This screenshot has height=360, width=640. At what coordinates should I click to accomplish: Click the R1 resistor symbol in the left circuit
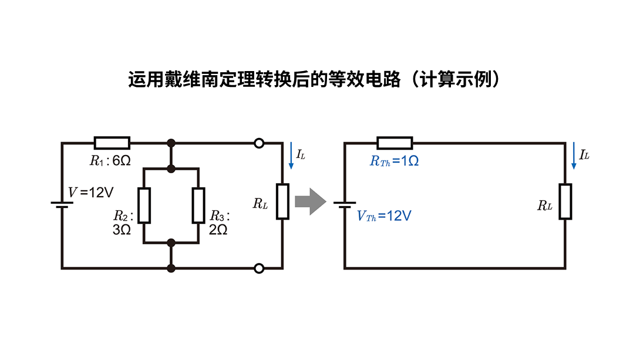point(112,143)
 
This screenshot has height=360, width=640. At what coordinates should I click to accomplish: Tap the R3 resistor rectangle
point(198,206)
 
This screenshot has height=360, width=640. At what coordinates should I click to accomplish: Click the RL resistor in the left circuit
point(282,201)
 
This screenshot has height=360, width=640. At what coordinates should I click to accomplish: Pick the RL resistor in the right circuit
point(565,201)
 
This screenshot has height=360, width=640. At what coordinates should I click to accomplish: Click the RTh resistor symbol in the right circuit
point(395,143)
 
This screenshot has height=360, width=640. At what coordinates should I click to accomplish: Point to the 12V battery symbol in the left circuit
point(62,203)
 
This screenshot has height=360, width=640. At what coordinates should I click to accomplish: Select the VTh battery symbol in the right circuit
point(344,203)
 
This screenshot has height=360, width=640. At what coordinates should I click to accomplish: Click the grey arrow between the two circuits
point(309,201)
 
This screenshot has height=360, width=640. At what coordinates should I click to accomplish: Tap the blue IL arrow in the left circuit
point(291,156)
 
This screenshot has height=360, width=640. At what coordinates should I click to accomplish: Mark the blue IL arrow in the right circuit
point(574,156)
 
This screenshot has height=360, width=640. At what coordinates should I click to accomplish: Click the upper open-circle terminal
point(258,143)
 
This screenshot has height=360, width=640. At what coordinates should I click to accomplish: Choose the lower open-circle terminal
point(258,268)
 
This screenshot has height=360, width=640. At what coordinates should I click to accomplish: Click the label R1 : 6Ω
point(110,161)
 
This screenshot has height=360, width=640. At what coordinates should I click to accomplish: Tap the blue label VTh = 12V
point(384,216)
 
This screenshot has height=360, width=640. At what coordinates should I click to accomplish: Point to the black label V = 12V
point(91,192)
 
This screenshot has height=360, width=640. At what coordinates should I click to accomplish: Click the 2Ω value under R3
point(218,230)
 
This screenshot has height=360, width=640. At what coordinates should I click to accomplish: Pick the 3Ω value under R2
point(122,230)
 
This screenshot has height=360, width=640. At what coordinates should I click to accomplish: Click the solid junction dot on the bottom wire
point(171,268)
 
